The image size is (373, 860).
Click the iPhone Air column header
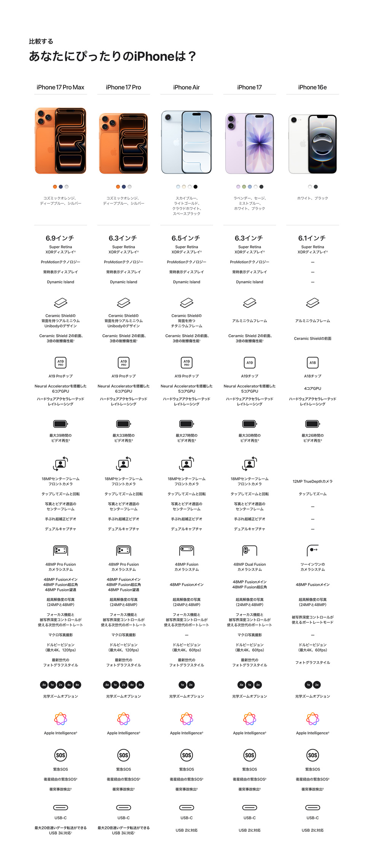click(x=186, y=87)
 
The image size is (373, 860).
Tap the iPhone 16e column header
click(x=312, y=87)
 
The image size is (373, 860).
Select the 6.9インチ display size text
click(x=60, y=238)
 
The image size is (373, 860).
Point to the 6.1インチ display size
click(x=312, y=238)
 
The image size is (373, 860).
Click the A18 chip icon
click(x=312, y=363)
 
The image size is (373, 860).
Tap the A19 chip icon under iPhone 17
click(x=249, y=363)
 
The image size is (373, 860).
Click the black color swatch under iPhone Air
click(x=196, y=187)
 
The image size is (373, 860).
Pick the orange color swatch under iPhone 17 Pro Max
click(x=55, y=187)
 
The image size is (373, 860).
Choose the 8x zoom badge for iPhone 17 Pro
click(x=140, y=685)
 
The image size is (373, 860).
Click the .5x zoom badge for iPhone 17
click(x=241, y=685)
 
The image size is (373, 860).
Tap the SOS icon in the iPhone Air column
click(x=186, y=755)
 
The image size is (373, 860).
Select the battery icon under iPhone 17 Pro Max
click(x=61, y=424)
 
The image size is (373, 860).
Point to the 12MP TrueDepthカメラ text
click(x=312, y=481)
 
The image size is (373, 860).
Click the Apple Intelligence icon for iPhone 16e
click(x=312, y=719)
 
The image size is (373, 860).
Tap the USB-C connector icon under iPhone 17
click(x=249, y=807)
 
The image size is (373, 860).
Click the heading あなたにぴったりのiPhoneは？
click(x=113, y=57)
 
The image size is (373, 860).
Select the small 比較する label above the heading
click(x=41, y=41)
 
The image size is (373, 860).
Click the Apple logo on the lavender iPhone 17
click(x=240, y=143)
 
